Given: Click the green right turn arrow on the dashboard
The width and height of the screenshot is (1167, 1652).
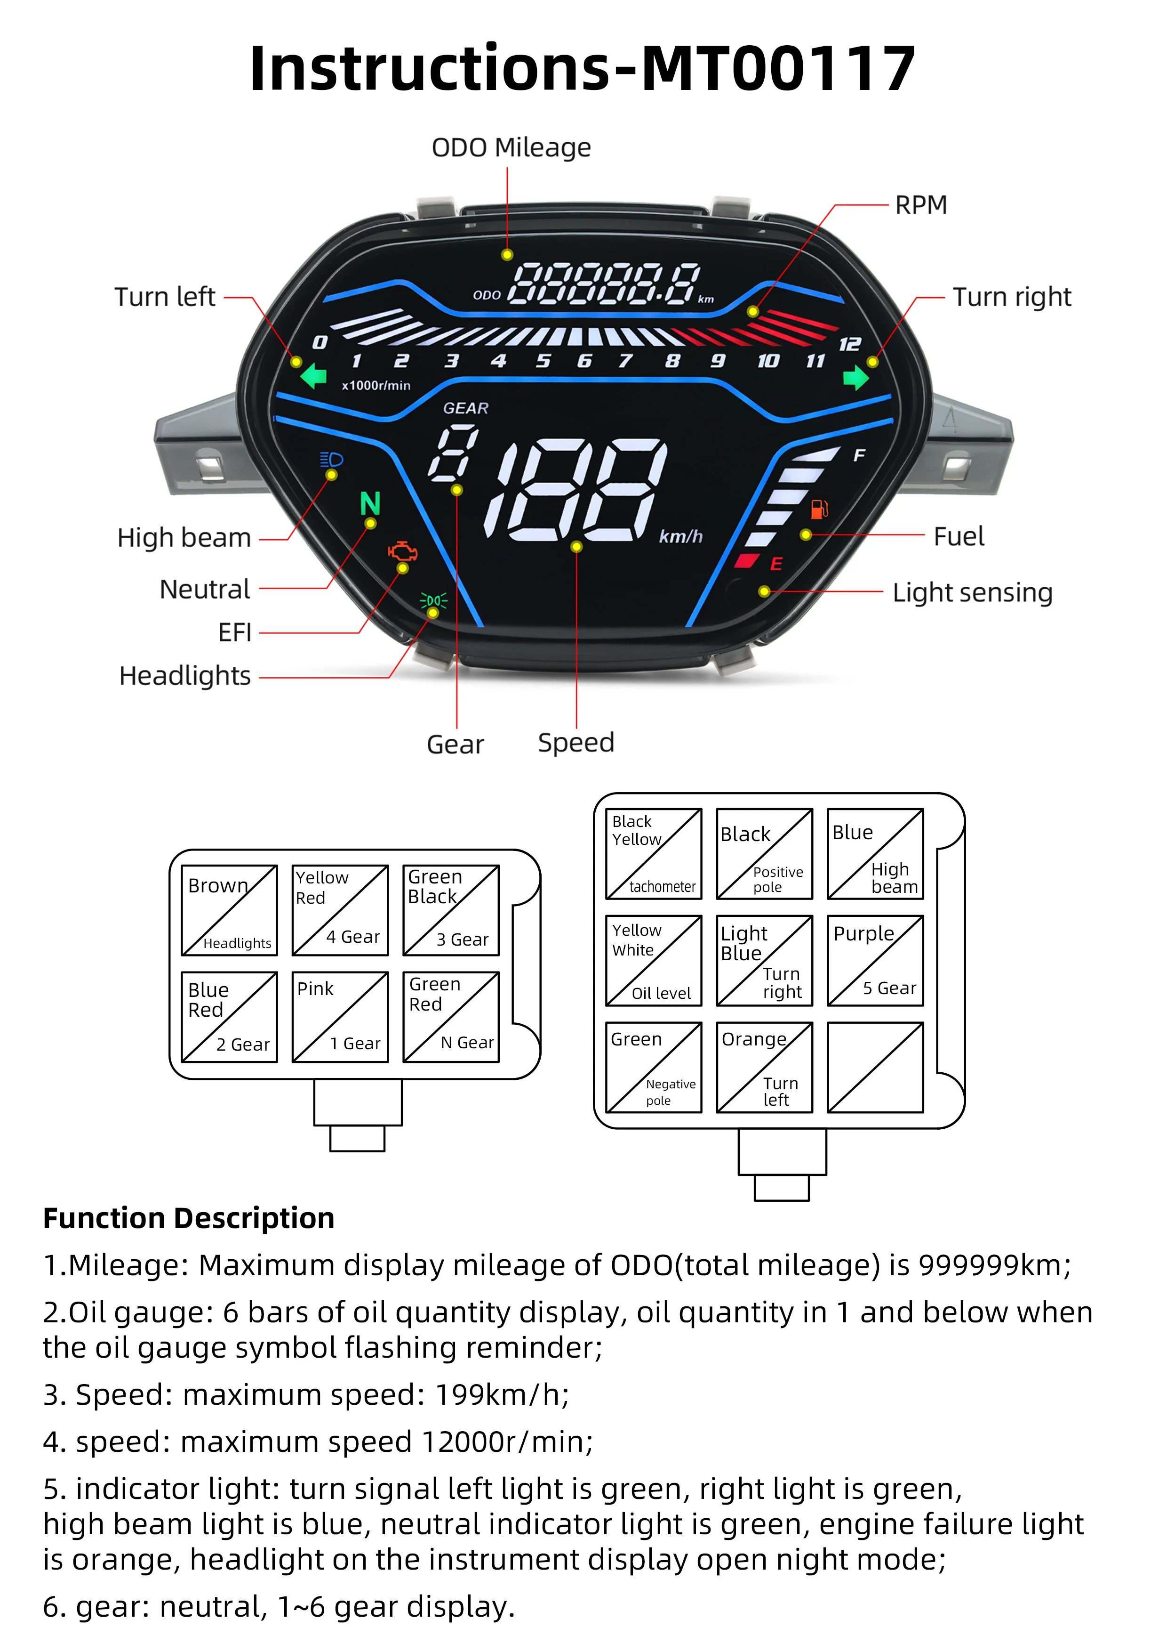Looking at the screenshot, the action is click(x=855, y=377).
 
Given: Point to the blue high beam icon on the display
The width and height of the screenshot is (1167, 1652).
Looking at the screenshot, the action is click(x=331, y=460).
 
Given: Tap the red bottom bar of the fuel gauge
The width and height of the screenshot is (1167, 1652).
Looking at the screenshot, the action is click(x=747, y=560).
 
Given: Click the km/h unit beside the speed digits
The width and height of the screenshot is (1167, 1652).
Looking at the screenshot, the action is click(x=680, y=536).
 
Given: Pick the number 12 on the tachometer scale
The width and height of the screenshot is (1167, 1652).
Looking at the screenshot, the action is click(x=849, y=344).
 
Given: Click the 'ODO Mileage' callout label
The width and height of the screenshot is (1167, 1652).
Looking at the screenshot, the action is click(x=511, y=147).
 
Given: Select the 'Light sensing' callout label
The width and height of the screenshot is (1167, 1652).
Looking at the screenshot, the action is click(x=972, y=592).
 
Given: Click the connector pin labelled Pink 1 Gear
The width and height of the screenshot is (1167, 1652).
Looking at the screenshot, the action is click(x=340, y=1017).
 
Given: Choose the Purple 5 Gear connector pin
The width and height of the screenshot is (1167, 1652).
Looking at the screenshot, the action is click(x=875, y=961).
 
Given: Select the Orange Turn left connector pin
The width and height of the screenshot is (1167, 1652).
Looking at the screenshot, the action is click(x=764, y=1068).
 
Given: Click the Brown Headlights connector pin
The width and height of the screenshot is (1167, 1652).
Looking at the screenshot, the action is click(x=229, y=910).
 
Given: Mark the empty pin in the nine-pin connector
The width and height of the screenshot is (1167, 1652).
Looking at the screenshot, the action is click(x=875, y=1068).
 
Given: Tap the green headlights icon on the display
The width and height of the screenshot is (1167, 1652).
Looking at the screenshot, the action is click(x=433, y=600).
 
